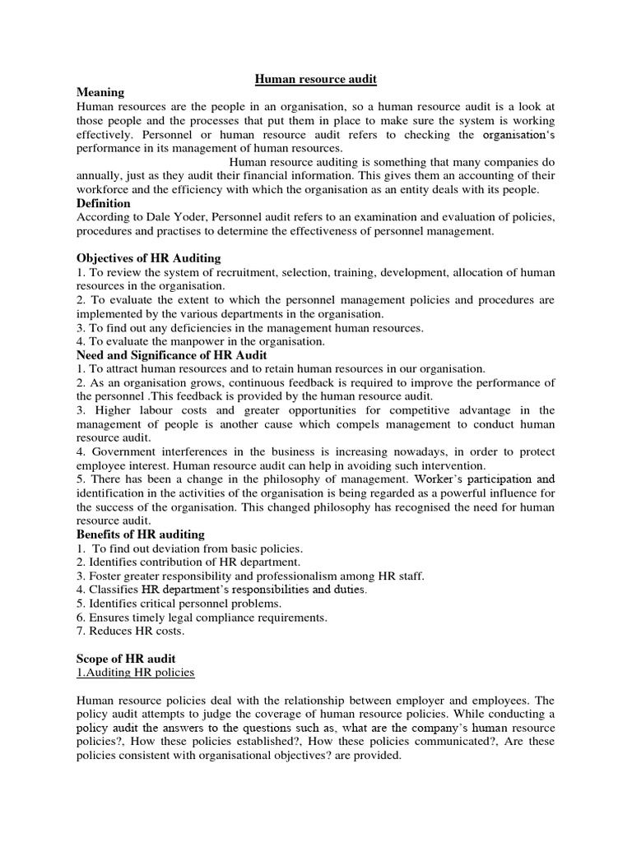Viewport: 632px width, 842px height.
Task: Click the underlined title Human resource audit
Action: [x=315, y=78]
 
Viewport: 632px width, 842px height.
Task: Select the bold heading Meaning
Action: [x=100, y=92]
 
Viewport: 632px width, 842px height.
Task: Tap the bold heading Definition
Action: [x=103, y=203]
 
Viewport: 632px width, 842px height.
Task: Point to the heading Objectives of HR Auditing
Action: [x=148, y=258]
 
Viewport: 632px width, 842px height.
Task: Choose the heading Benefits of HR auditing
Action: [x=140, y=534]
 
